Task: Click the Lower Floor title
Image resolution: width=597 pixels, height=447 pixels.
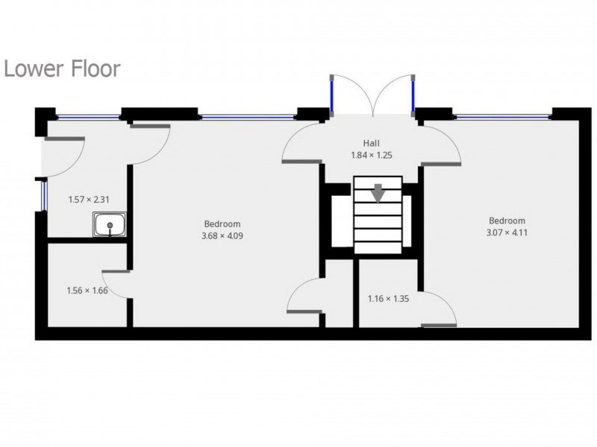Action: coord(62,69)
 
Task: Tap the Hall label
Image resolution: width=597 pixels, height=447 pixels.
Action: coord(371,143)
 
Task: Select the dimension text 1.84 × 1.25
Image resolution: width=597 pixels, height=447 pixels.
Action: coord(371,155)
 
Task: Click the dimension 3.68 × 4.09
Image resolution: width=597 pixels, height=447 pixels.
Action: coord(222,235)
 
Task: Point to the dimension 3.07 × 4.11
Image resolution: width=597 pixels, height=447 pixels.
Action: coord(507,232)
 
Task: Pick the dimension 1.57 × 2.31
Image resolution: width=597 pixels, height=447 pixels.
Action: coord(89,200)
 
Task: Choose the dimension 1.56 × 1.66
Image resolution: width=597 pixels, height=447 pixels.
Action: coord(87,291)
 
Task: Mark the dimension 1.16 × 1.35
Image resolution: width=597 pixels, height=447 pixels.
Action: coord(388,299)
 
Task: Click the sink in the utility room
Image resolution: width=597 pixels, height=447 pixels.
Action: coord(110,224)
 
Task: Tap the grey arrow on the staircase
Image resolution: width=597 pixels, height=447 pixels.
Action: coord(378,193)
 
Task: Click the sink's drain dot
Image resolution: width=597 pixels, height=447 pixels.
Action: coord(110,226)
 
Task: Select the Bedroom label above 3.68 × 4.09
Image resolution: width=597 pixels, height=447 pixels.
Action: coord(222,224)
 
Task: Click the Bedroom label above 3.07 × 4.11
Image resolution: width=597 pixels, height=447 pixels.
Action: coord(507,221)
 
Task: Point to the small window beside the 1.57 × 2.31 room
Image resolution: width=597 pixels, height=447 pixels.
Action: coord(44,196)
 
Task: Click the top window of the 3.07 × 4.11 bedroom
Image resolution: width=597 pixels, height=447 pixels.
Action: coord(501,117)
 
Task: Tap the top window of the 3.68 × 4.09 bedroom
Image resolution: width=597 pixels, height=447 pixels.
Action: coord(248,117)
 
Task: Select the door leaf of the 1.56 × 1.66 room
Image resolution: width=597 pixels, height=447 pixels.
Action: coord(116,271)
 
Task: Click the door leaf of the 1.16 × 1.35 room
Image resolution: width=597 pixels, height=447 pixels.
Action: coord(439,326)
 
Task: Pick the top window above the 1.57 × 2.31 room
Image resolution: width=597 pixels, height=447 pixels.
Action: coord(88,117)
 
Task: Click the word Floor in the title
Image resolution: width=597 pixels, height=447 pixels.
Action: coord(96,69)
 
